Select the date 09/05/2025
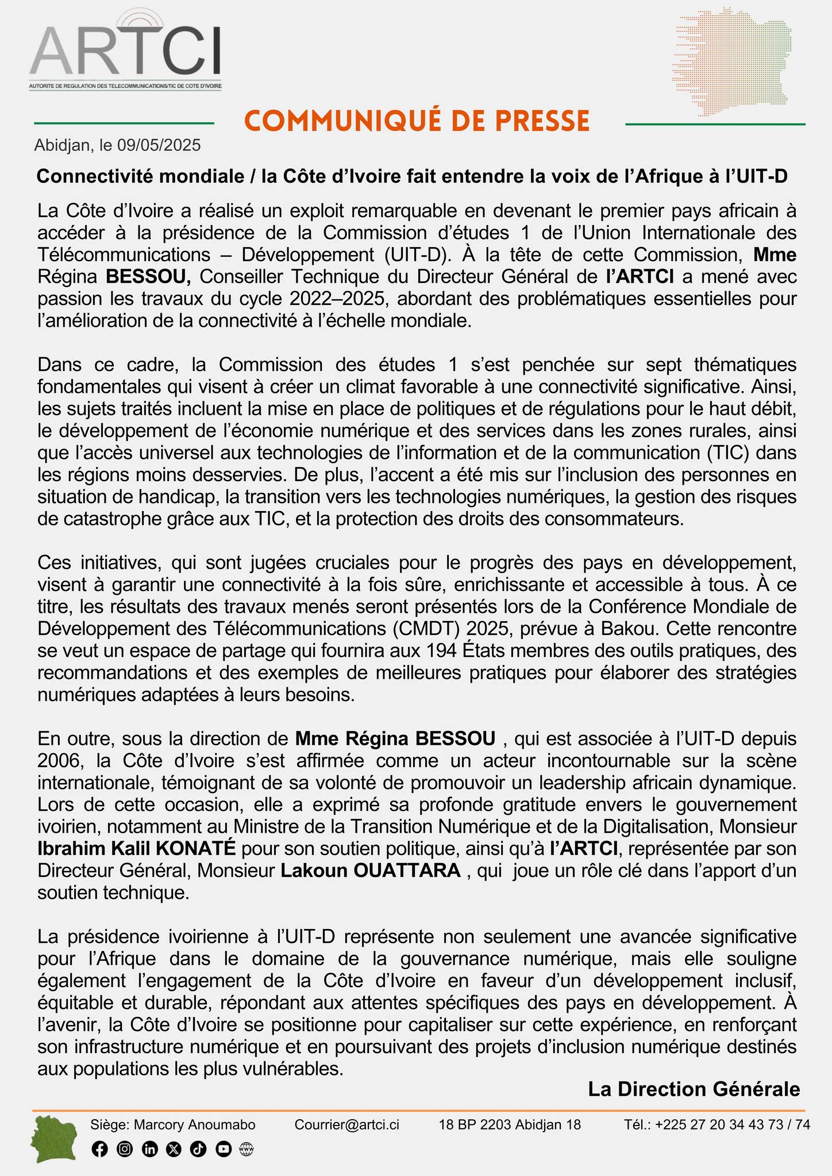click(x=159, y=145)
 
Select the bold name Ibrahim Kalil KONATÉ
click(x=137, y=848)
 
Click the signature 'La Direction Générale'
click(x=694, y=1089)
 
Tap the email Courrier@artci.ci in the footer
click(x=346, y=1124)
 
